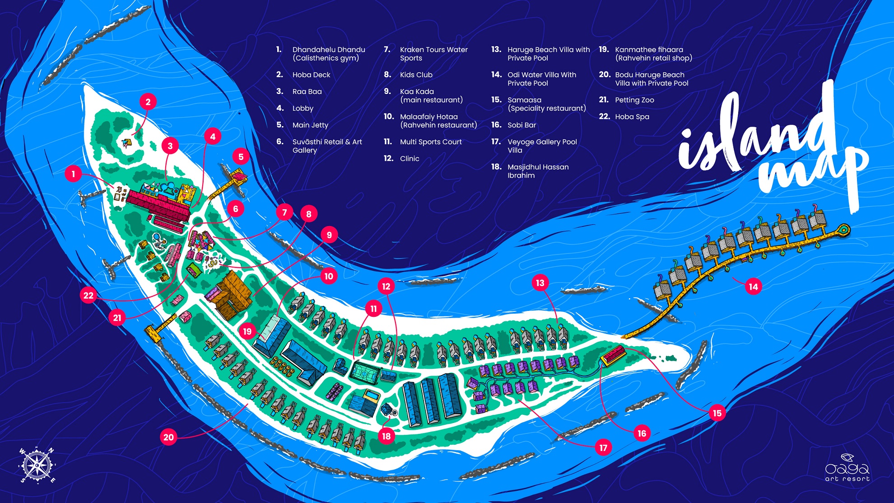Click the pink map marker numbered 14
[x=753, y=287]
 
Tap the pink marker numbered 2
[x=148, y=102]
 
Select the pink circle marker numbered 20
[x=168, y=437]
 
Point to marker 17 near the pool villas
[x=603, y=447]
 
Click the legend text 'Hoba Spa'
[x=632, y=117]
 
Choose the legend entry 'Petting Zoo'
[x=634, y=100]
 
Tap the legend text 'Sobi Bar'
[x=521, y=125]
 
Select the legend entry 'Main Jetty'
[x=310, y=125]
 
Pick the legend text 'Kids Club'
[x=416, y=75]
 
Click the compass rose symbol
[x=36, y=465]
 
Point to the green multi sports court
[x=365, y=373]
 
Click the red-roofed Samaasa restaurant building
[x=613, y=355]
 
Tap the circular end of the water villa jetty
[x=843, y=230]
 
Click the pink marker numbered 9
[x=329, y=235]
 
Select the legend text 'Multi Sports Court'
[x=430, y=142]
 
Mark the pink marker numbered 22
[x=88, y=296]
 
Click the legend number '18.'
[x=496, y=167]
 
